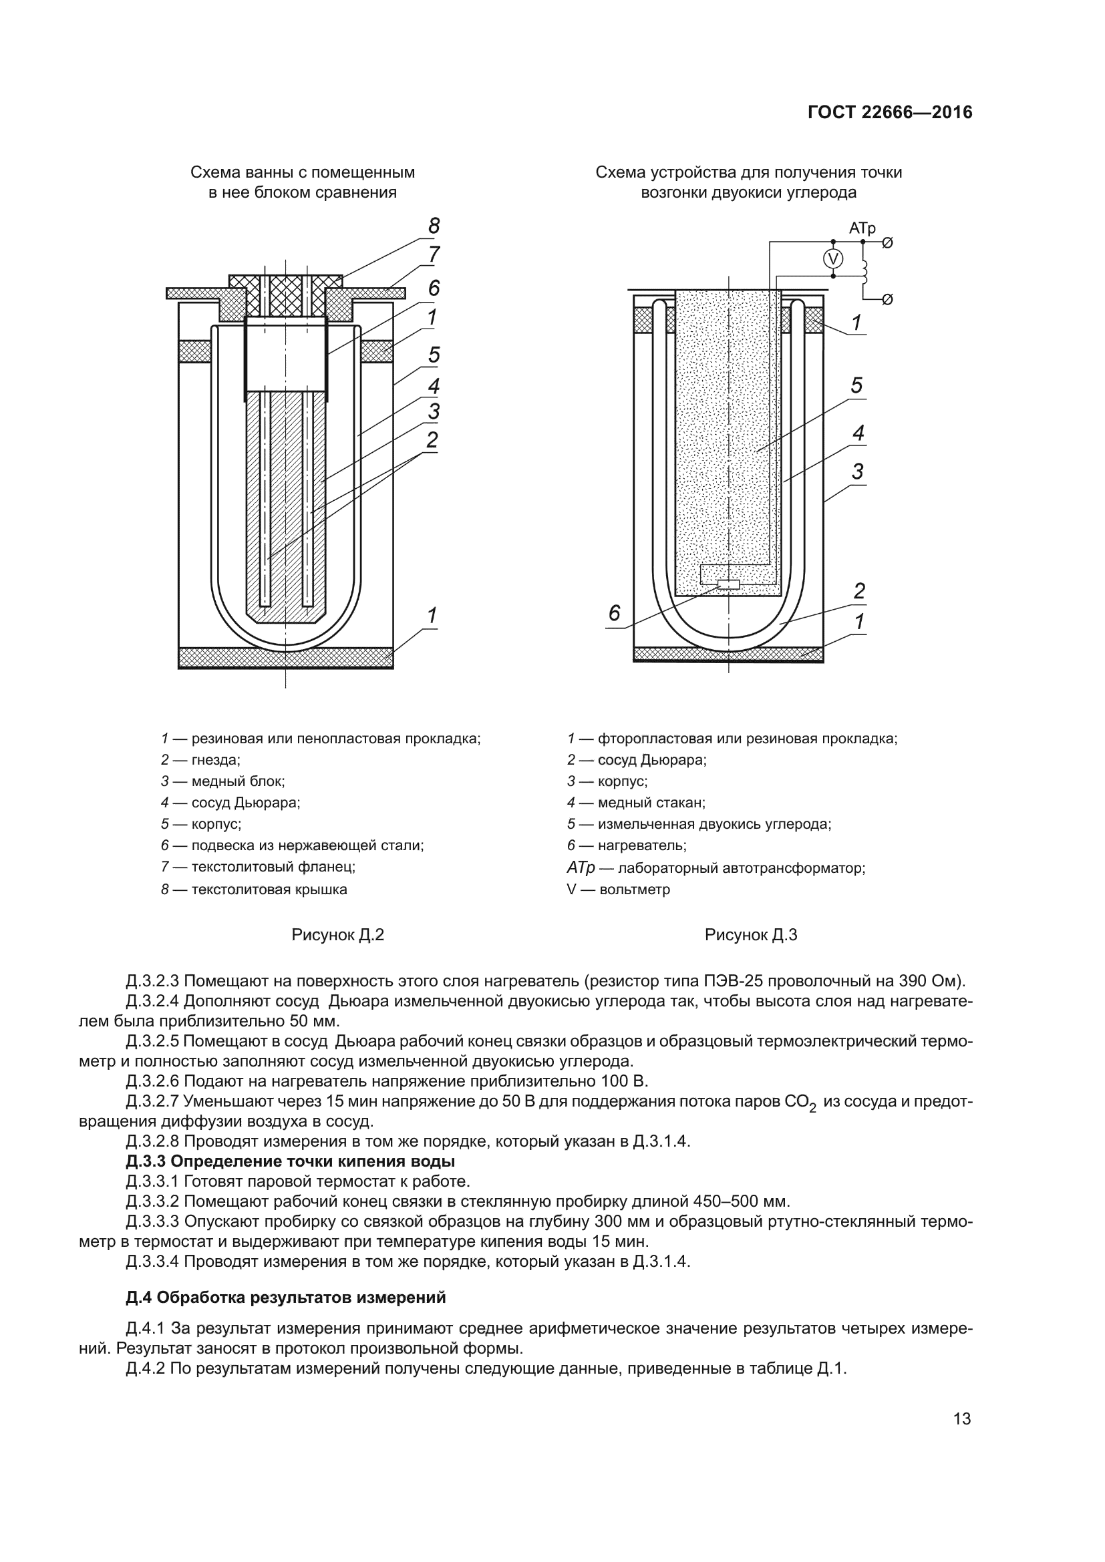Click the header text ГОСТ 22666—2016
890,113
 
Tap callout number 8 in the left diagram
434,226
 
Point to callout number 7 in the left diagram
434,255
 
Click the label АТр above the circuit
862,228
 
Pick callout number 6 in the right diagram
615,613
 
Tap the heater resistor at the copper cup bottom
729,584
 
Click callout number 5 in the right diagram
856,385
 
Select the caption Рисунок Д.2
337,935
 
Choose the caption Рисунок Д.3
750,935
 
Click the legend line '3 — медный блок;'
223,781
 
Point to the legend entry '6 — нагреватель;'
627,845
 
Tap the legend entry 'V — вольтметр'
618,889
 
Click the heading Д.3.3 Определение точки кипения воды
291,1161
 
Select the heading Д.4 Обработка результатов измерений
286,1298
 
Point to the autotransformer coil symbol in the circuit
865,270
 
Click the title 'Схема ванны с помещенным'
302,172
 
